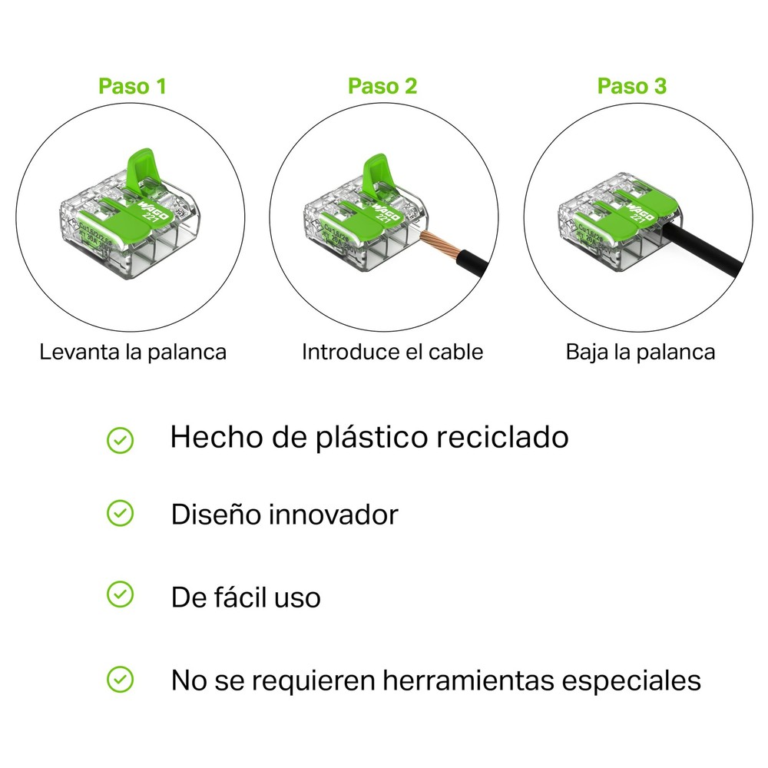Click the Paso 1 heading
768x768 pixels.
tap(132, 85)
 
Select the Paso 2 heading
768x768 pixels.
tap(382, 85)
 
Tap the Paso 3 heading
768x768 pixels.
tap(632, 85)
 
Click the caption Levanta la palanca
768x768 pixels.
tap(133, 353)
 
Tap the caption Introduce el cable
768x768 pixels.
tap(392, 353)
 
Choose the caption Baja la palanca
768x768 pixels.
tap(641, 353)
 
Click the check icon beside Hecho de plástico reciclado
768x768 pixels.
tap(120, 439)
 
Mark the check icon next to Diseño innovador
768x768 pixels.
tap(120, 514)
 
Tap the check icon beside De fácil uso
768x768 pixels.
tap(120, 594)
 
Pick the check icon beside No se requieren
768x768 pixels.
tap(120, 679)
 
